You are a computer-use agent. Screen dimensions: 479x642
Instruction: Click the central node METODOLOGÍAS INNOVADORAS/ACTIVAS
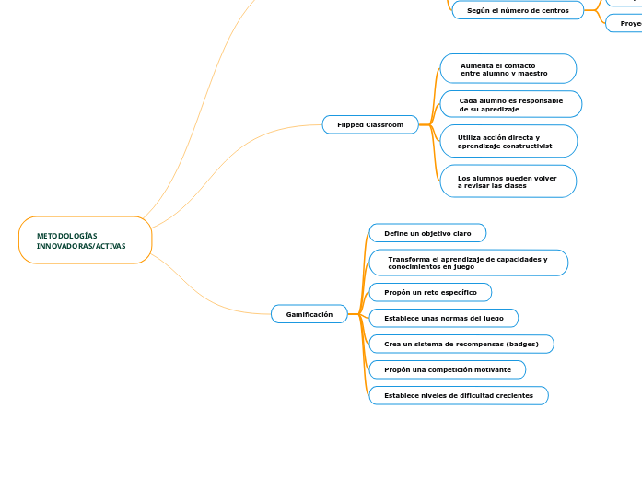pos(85,240)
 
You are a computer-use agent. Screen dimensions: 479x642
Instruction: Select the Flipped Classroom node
pos(370,124)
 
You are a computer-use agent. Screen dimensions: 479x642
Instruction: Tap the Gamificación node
pos(309,314)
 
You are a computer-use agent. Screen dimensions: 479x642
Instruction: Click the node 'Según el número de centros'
pos(518,10)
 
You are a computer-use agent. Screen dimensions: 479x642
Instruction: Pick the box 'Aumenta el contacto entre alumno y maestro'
pos(508,69)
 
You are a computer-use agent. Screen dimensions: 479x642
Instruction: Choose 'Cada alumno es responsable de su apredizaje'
pos(510,104)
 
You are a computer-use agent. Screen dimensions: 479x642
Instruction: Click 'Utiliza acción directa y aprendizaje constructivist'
pos(508,141)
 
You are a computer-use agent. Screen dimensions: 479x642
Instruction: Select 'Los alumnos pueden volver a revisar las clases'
pos(508,181)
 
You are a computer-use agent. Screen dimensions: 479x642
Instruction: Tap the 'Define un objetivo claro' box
pos(427,234)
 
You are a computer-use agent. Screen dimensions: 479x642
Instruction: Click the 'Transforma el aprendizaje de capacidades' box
pos(468,263)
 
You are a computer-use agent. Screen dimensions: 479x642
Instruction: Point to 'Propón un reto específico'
pos(430,292)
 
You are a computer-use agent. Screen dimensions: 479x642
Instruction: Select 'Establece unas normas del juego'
pos(443,318)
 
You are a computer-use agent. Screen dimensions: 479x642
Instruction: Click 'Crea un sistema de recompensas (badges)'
pos(461,344)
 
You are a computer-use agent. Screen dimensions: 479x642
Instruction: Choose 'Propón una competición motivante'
pos(448,369)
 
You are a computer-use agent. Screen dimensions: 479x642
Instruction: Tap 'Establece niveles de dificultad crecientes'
pos(459,395)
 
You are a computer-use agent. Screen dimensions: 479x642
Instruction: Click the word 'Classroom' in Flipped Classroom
pos(385,124)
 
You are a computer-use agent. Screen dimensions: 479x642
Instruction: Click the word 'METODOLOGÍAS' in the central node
pos(67,236)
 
